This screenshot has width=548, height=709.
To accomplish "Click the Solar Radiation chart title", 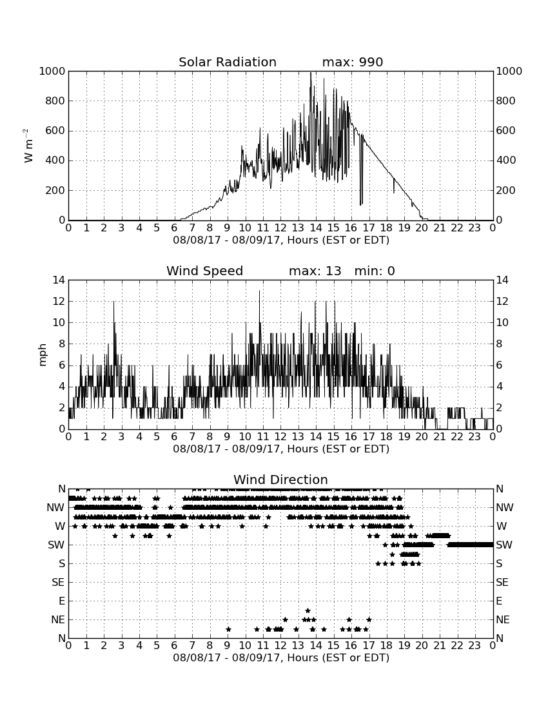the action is click(228, 62).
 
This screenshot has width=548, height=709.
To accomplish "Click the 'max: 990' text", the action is click(353, 62).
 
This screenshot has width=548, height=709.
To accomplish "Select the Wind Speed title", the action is click(205, 271).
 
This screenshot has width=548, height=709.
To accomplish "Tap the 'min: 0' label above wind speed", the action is click(375, 271).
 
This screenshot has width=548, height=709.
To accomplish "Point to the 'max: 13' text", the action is click(315, 271).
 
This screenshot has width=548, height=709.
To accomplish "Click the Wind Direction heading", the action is click(281, 480).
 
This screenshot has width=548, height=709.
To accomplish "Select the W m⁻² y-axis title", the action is click(28, 146).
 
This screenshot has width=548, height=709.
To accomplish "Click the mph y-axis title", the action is click(43, 354).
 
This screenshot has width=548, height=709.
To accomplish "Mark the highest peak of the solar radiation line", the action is click(311, 73).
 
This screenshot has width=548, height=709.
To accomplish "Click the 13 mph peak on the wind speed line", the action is click(260, 291).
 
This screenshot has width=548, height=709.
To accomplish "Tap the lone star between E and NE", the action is click(308, 610).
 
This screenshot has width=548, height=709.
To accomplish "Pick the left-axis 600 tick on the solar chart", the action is click(55, 131).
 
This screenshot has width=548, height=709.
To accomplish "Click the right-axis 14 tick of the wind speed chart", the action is click(502, 280).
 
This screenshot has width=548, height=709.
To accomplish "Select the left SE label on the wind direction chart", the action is click(58, 583).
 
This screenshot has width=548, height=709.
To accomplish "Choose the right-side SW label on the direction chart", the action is click(504, 545).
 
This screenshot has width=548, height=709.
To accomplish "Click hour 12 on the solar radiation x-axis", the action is click(280, 228).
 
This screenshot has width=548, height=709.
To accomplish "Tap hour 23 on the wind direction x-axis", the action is click(475, 645).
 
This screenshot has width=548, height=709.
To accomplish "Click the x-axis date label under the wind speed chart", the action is click(281, 449).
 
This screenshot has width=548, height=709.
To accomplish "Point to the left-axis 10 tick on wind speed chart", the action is click(59, 323).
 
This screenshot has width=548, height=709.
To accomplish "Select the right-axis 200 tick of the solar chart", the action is click(506, 190).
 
